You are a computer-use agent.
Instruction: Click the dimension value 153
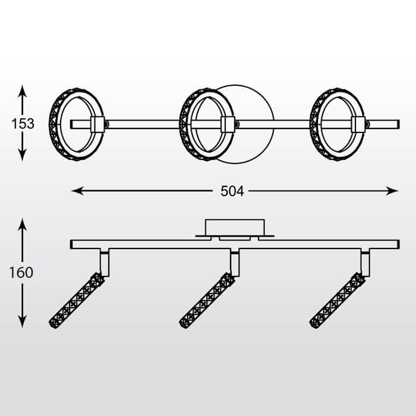click(23, 124)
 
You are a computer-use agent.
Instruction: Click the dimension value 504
click(232, 191)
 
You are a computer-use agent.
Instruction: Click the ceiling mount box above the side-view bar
click(234, 227)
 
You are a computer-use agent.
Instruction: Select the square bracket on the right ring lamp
click(358, 124)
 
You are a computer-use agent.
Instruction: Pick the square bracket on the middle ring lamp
click(227, 124)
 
